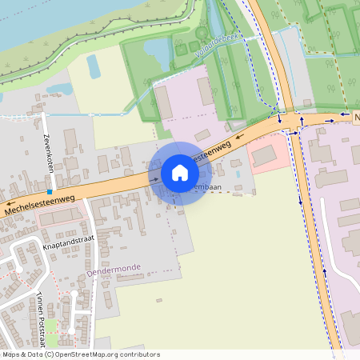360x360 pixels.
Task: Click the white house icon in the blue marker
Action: pos(180,173)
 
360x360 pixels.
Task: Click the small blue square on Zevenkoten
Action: pos(50,192)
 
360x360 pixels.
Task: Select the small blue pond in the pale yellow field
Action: pos(94,67)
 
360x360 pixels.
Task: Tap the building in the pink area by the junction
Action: pos(263,156)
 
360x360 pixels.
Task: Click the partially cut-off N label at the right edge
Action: pos(356,117)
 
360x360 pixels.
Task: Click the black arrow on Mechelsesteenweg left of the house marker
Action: pos(154,179)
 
